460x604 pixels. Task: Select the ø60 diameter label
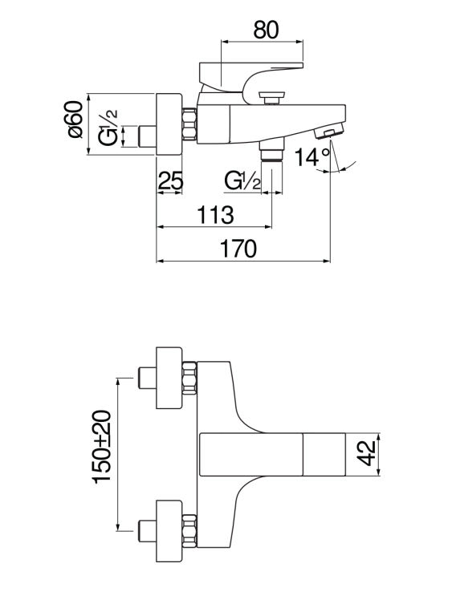click(x=75, y=119)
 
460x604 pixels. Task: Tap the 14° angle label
click(x=312, y=157)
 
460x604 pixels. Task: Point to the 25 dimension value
click(x=170, y=180)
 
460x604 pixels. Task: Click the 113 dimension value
click(x=215, y=215)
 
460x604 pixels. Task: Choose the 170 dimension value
click(x=238, y=249)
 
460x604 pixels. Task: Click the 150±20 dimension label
click(x=102, y=446)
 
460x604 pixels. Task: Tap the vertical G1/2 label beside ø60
click(x=108, y=127)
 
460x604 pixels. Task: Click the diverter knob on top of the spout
click(x=272, y=98)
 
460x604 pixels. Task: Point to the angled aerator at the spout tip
click(x=329, y=131)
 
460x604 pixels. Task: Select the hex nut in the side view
click(x=189, y=124)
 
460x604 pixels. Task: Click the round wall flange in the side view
click(x=169, y=124)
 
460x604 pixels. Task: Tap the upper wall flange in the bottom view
click(x=169, y=378)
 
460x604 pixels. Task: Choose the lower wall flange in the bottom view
click(x=169, y=531)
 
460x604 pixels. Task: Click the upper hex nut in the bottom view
click(x=189, y=378)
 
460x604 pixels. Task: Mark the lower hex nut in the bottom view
click(x=189, y=531)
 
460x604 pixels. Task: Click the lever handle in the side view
click(x=250, y=76)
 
